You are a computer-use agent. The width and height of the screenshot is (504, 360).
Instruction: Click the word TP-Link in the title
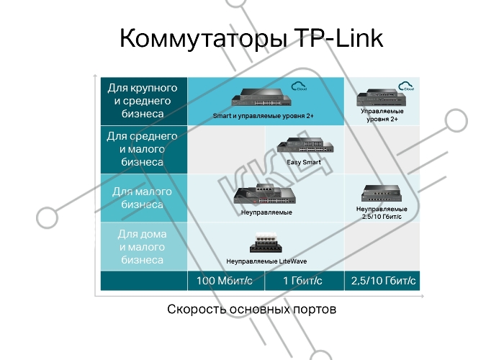click(338, 38)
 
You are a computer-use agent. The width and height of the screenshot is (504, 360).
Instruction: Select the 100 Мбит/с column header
click(225, 281)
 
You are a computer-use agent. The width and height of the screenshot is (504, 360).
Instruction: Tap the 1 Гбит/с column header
click(302, 281)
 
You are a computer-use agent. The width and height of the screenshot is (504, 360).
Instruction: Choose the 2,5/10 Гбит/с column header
click(383, 281)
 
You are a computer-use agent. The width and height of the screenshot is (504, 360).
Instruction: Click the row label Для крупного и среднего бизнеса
click(143, 101)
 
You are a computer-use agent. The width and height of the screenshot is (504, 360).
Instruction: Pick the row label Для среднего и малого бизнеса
click(142, 149)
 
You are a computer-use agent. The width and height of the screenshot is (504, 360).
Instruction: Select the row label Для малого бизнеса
click(142, 198)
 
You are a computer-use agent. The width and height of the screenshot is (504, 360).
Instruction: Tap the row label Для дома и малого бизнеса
click(142, 246)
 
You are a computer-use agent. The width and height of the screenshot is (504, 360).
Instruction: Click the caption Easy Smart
click(304, 162)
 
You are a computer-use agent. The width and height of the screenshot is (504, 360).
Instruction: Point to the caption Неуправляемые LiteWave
click(266, 261)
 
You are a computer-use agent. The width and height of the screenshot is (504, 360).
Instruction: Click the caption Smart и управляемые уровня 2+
click(264, 116)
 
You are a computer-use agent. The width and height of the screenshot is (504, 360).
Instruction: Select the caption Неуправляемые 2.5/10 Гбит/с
click(382, 213)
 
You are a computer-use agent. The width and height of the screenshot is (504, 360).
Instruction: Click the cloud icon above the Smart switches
click(299, 86)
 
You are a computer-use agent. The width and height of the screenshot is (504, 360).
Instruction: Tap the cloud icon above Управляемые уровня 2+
click(406, 86)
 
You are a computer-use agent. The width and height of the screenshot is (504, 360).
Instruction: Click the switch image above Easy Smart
click(305, 145)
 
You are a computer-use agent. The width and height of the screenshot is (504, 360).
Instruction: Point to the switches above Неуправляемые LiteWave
click(266, 243)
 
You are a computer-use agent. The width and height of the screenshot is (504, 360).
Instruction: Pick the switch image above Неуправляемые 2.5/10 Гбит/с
click(382, 193)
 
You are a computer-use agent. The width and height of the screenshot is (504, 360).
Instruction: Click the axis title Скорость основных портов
click(252, 309)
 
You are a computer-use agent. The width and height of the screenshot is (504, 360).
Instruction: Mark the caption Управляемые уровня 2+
click(382, 115)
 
